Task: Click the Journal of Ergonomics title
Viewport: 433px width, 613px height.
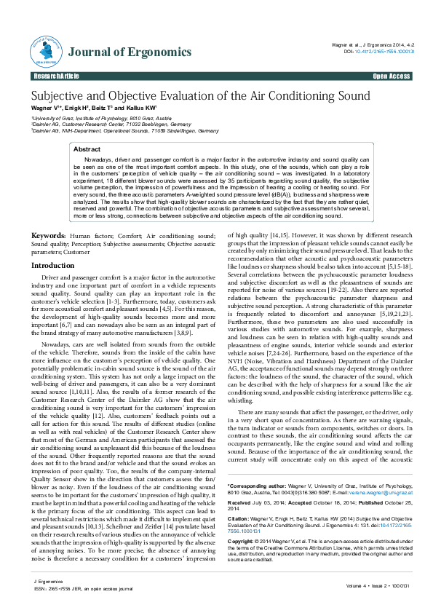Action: pyautogui.click(x=130, y=52)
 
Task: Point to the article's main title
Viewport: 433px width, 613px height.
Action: pyautogui.click(x=200, y=96)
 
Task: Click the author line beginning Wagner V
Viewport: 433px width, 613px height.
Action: pyautogui.click(x=94, y=108)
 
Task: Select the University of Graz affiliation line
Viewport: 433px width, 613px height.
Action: pyautogui.click(x=101, y=116)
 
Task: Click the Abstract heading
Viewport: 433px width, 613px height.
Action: pyautogui.click(x=87, y=148)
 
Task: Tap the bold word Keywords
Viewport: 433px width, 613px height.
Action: pyautogui.click(x=48, y=216)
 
